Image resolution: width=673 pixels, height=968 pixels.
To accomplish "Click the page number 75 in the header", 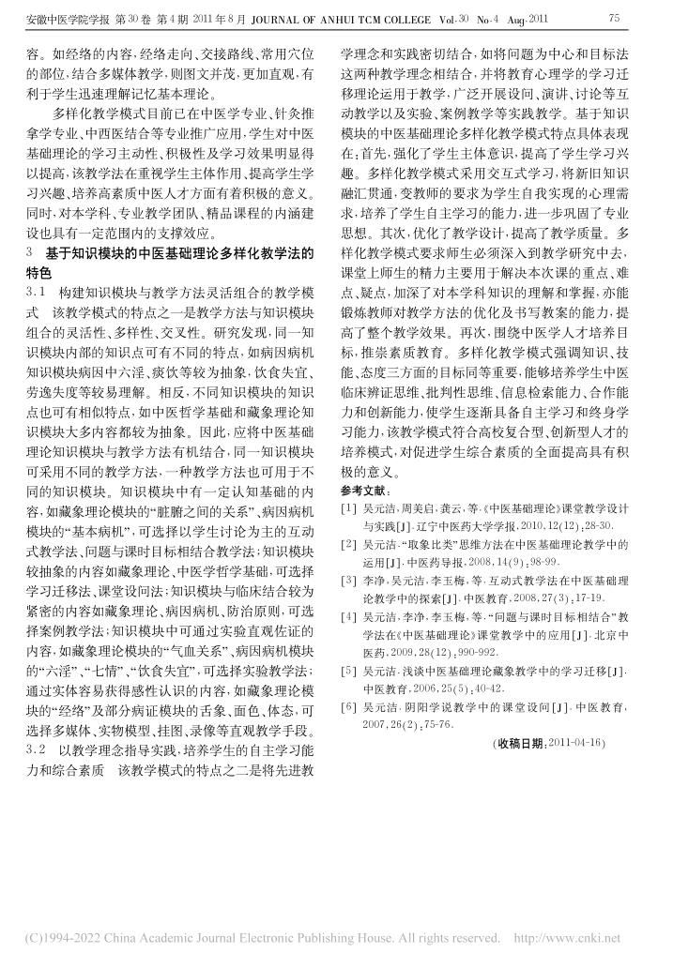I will click(x=616, y=18).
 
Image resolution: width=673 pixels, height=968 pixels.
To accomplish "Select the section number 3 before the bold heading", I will click(x=32, y=253).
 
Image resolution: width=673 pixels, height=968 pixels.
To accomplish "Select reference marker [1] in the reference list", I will click(x=347, y=508).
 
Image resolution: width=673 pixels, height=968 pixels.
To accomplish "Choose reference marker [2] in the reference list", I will click(x=347, y=544).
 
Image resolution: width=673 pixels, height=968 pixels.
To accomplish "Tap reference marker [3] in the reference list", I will click(x=347, y=581).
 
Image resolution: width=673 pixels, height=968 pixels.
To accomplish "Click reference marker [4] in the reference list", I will click(x=347, y=617).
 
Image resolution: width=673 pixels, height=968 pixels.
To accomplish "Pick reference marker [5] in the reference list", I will click(x=347, y=672).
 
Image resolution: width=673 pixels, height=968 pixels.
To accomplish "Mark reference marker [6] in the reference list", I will click(x=347, y=707).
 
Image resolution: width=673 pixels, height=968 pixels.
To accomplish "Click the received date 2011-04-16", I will click(x=578, y=744).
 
